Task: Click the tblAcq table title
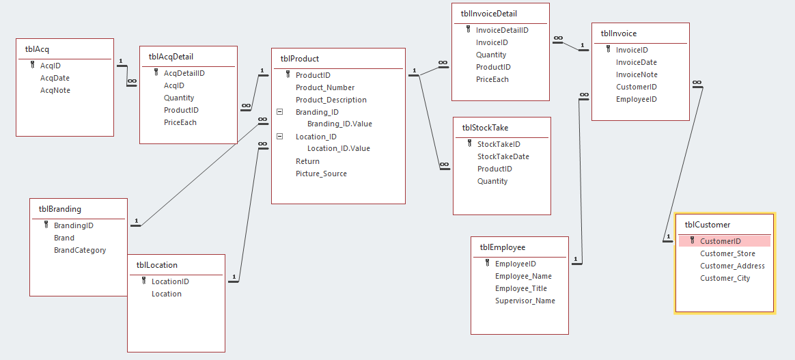(37, 49)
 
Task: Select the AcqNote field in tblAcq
(55, 90)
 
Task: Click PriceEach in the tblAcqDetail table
(180, 122)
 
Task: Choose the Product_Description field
(331, 100)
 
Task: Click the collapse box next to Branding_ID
(280, 112)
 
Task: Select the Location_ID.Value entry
(339, 148)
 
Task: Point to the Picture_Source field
(321, 174)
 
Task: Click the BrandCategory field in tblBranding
(80, 250)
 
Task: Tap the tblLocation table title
(156, 265)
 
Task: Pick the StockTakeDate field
(503, 156)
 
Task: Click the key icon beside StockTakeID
(470, 144)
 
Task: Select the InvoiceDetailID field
(502, 30)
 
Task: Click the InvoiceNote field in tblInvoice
(637, 74)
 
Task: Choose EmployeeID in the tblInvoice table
(636, 99)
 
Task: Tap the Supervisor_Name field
(525, 301)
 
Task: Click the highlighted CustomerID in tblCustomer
(721, 241)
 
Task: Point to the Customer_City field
(725, 278)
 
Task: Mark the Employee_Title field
(521, 288)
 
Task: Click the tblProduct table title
(300, 59)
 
